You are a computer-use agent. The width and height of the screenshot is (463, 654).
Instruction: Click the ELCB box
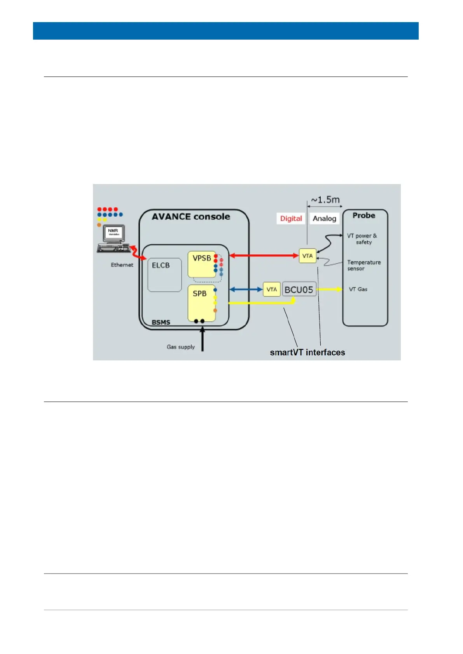164,275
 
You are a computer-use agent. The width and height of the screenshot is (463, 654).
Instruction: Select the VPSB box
202,264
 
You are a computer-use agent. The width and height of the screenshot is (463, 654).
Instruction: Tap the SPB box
201,303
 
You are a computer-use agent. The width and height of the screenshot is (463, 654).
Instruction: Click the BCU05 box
299,289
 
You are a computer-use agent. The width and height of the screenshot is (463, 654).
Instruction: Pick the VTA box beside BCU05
271,289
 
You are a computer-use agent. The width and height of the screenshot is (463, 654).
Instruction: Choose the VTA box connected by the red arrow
307,256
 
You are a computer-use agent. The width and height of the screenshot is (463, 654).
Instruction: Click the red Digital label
291,218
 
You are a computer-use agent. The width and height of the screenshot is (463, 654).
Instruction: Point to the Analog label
324,218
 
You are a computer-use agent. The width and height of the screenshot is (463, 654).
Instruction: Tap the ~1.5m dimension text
325,200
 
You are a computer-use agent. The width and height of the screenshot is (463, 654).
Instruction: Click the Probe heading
363,216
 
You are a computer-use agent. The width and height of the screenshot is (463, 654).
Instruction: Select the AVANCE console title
190,217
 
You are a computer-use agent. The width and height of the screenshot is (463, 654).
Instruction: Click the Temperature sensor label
363,265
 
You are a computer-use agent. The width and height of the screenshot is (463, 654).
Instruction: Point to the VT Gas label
358,289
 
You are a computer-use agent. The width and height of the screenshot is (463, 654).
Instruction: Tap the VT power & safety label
362,239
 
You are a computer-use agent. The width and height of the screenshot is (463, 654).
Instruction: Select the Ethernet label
122,265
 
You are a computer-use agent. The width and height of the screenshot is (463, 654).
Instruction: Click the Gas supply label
180,347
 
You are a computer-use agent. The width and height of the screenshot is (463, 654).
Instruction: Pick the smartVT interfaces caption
307,353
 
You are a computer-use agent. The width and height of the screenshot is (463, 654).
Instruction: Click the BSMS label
161,322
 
